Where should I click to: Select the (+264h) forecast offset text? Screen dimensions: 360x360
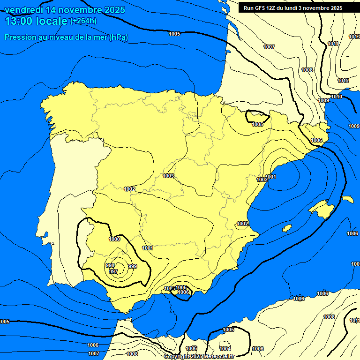(83, 21)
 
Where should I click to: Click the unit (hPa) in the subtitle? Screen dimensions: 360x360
(119, 37)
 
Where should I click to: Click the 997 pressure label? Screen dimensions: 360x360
(113, 271)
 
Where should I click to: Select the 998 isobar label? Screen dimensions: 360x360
(110, 265)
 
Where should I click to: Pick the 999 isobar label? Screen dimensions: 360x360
(133, 266)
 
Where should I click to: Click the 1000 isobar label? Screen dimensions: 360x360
(115, 239)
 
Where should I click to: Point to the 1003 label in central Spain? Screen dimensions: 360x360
(168, 176)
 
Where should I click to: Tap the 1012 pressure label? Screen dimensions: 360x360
(343, 81)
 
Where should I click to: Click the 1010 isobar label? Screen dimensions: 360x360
(337, 97)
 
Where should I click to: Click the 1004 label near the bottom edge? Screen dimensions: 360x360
(225, 349)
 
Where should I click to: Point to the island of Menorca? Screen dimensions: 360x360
(347, 199)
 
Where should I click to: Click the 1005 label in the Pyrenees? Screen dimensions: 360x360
(257, 124)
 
